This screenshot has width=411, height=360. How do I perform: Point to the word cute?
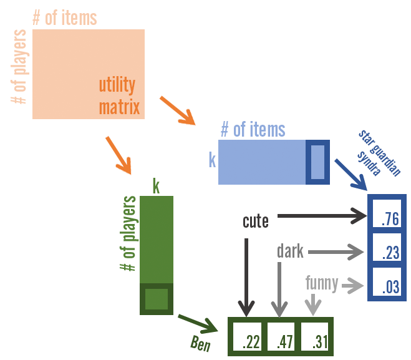[x=256, y=221]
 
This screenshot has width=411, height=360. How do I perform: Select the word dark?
[x=290, y=251]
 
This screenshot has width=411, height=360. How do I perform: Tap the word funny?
[x=322, y=284]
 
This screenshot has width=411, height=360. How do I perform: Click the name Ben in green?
[x=200, y=344]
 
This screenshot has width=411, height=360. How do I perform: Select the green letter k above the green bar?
[x=156, y=186]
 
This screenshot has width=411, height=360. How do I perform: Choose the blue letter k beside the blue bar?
[x=212, y=161]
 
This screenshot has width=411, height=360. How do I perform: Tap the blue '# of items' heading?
[x=253, y=130]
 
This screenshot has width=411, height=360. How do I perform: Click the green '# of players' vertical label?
[x=128, y=234]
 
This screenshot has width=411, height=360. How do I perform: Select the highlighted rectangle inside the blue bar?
[x=317, y=162]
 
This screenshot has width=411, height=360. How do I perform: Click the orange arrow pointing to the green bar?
[x=118, y=154]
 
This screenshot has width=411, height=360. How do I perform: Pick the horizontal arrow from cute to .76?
[x=322, y=216]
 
